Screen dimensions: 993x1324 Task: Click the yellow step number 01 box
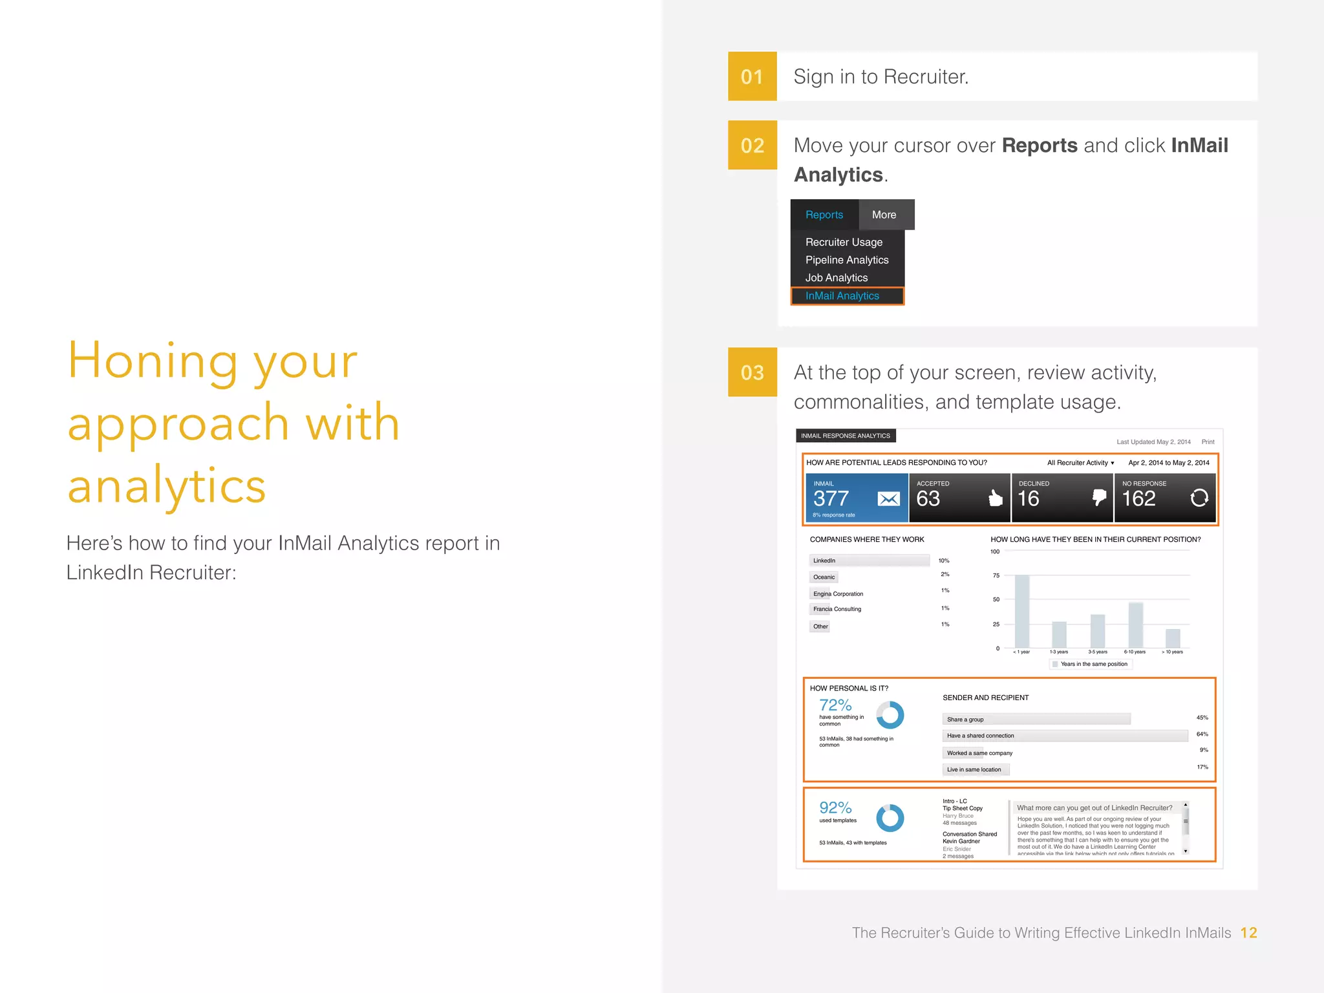click(752, 76)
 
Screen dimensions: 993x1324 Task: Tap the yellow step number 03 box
click(752, 372)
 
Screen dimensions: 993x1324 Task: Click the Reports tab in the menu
click(824, 215)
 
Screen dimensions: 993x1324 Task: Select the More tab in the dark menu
click(884, 215)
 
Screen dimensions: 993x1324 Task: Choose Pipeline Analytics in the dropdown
click(846, 260)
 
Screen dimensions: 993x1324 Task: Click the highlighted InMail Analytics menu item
click(842, 296)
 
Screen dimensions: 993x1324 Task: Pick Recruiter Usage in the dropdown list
click(843, 242)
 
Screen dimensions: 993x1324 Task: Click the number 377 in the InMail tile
click(831, 498)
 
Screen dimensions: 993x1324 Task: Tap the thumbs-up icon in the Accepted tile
click(996, 498)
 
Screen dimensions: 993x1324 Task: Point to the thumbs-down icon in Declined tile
click(1098, 497)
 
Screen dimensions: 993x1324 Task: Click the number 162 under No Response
click(1138, 498)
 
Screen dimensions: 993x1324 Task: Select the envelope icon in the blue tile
click(888, 498)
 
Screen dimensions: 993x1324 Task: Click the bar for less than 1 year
click(1022, 611)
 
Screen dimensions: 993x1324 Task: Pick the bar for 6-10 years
click(1135, 625)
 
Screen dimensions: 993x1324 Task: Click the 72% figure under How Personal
click(835, 705)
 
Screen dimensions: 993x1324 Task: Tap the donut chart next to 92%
click(890, 818)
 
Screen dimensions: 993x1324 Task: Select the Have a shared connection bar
click(1064, 736)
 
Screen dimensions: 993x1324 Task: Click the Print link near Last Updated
click(1208, 442)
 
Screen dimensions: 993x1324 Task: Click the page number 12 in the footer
click(1248, 933)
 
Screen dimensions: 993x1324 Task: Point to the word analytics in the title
click(167, 486)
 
